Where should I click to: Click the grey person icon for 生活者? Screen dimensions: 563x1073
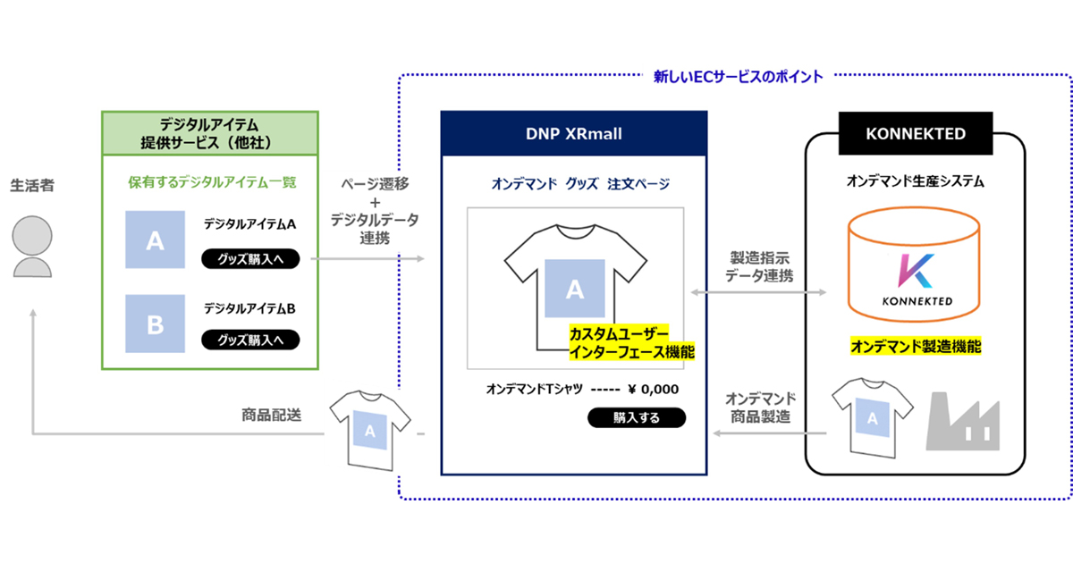pos(33,249)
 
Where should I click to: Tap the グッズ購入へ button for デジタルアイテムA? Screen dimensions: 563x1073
pos(251,260)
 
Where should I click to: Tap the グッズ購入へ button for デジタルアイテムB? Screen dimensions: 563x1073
pos(251,340)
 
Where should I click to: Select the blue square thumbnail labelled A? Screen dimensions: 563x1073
pos(156,240)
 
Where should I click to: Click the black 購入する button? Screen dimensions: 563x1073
pos(636,417)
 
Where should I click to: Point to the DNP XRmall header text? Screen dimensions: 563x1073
pos(573,134)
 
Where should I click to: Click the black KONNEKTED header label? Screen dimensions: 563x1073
pos(916,133)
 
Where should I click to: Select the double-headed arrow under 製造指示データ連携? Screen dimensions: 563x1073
pos(760,292)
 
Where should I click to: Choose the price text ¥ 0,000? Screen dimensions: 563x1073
pos(653,389)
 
